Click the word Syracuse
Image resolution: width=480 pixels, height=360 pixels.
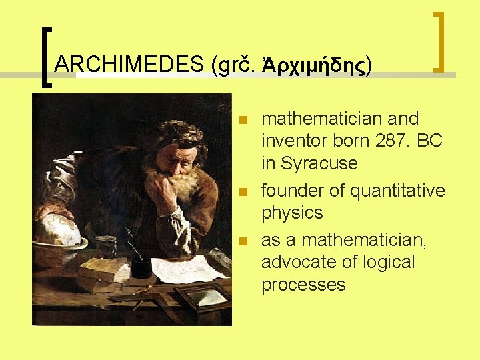point(319,163)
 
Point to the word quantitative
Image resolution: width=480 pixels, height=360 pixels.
point(397,191)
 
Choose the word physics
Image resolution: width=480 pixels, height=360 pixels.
point(292,213)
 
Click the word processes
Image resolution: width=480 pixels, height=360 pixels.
point(303,285)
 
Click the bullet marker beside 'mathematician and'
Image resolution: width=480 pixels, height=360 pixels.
point(244,121)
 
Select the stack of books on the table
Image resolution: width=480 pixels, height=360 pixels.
point(103,273)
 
